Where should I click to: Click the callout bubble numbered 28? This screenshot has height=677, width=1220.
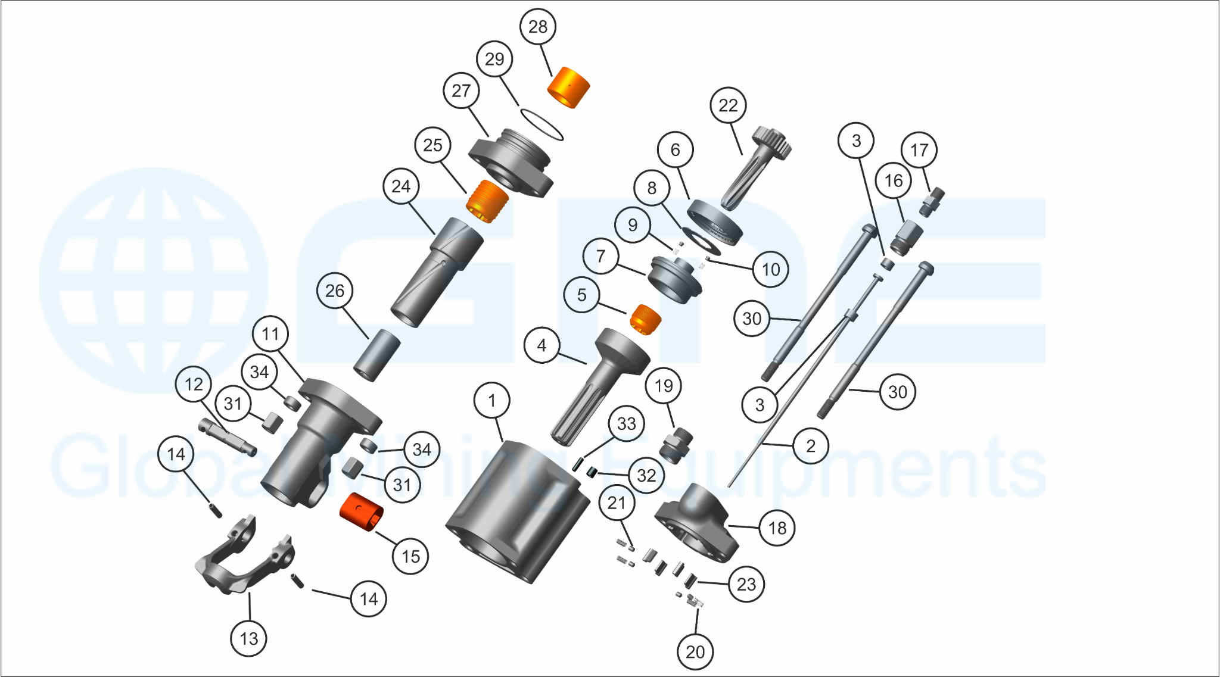[x=538, y=27]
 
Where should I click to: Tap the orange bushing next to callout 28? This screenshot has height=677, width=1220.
[x=569, y=88]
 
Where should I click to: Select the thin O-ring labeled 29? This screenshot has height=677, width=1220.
[x=541, y=124]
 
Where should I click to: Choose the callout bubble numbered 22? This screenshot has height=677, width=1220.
[x=728, y=105]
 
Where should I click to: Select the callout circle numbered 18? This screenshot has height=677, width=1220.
[x=777, y=528]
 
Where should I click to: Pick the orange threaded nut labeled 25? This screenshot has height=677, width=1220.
[x=487, y=202]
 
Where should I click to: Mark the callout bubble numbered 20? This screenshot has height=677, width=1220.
[x=695, y=652]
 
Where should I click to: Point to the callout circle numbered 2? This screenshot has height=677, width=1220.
[x=810, y=445]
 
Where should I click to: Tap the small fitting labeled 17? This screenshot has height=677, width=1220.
[x=931, y=202]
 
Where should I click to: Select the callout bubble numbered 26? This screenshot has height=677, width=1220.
[x=334, y=291]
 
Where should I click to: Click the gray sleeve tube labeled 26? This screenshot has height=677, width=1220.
[x=377, y=355]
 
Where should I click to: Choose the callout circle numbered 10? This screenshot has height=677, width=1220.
[x=770, y=269]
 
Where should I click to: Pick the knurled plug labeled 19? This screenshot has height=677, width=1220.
[x=676, y=445]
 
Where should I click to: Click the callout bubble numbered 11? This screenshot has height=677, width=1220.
[x=270, y=333]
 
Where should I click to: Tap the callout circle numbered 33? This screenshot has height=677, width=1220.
[x=626, y=423]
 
